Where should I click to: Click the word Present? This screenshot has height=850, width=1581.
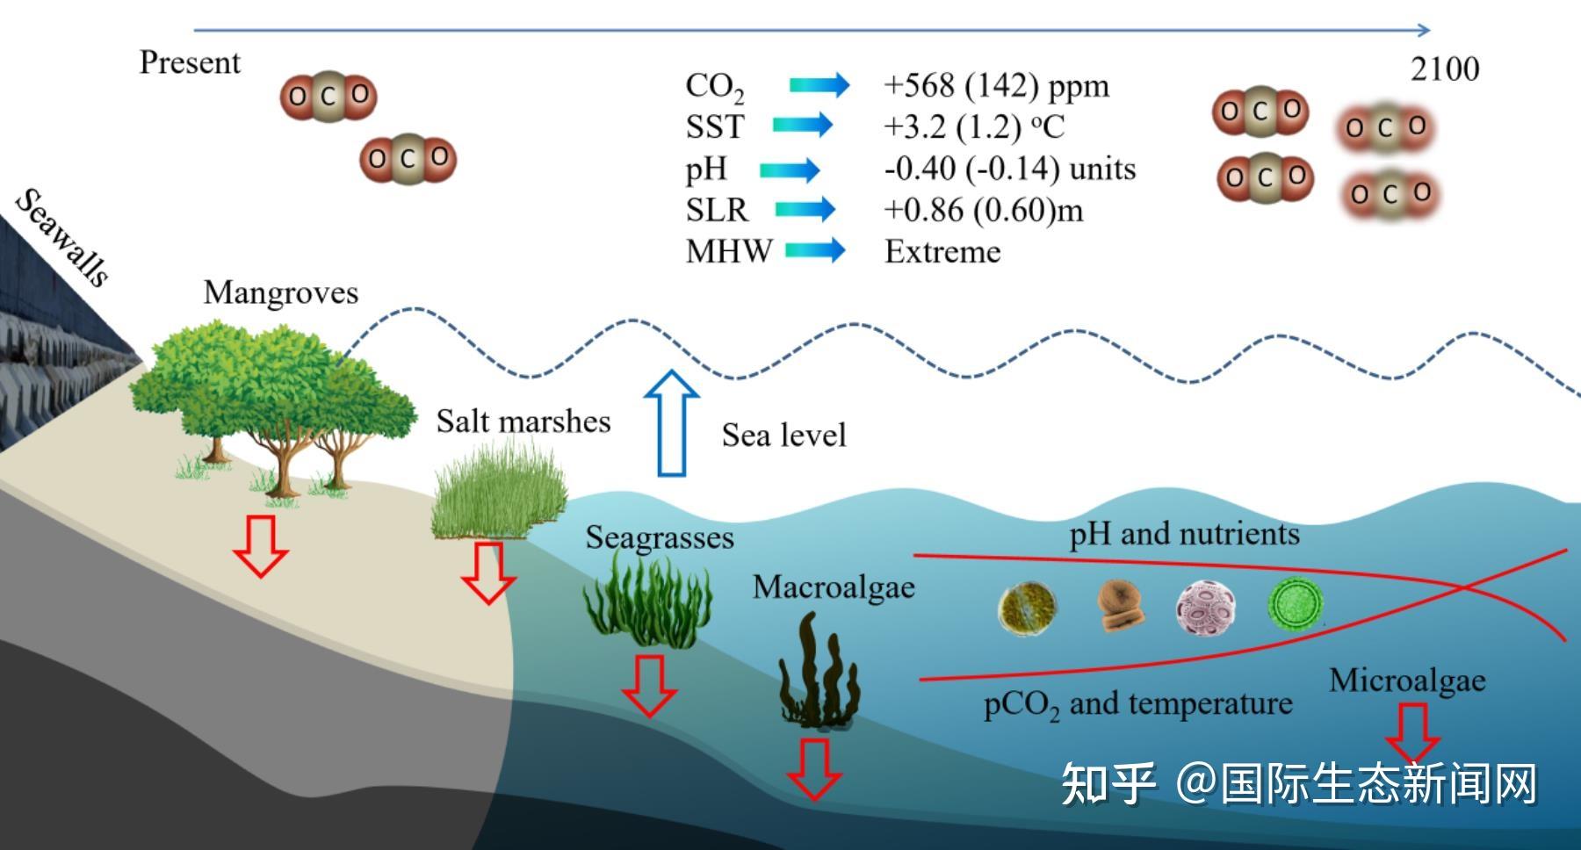point(190,63)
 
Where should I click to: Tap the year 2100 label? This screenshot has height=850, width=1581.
point(1445,68)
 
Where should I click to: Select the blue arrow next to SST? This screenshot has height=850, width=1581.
point(803,125)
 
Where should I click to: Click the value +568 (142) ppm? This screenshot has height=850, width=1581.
point(996,86)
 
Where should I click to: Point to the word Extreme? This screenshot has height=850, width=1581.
point(942,252)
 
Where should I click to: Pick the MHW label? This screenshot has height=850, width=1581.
point(729,252)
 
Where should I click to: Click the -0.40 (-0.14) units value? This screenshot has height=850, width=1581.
point(1010,169)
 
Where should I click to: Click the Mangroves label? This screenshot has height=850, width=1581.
point(281,292)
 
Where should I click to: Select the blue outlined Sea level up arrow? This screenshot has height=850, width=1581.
point(671,423)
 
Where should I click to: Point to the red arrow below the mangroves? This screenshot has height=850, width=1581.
point(261,545)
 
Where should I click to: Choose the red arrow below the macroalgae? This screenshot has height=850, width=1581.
point(814,769)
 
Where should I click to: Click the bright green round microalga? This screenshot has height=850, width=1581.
point(1296,603)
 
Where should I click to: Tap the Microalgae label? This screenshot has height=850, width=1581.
point(1407,681)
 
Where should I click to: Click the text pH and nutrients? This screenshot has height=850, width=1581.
point(1184,534)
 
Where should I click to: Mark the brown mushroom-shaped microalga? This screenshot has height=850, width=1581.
point(1122,605)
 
